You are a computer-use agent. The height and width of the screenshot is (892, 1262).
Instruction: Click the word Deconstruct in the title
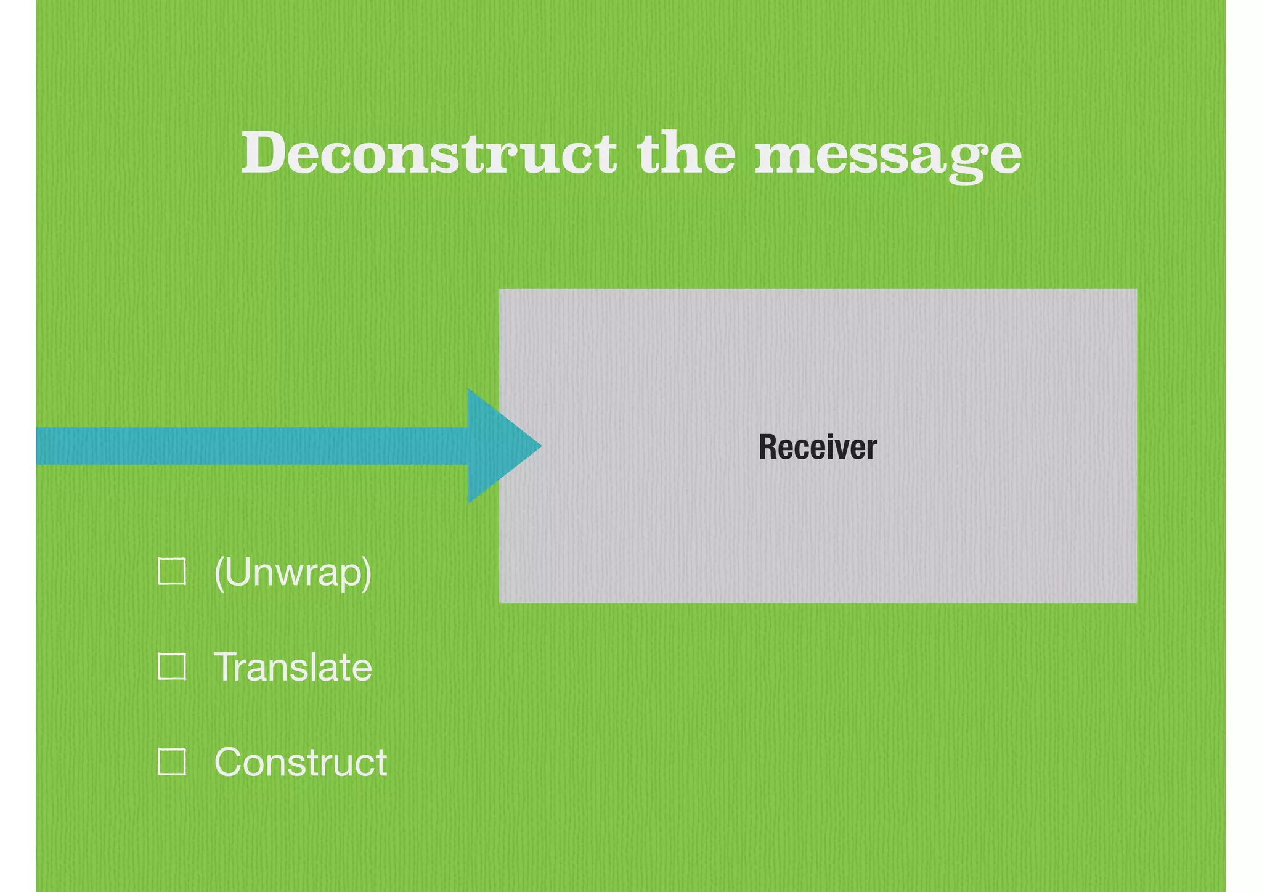[x=428, y=152]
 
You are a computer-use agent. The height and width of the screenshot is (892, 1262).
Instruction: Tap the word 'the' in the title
[x=686, y=152]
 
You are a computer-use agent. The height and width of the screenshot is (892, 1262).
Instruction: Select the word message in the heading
[x=888, y=154]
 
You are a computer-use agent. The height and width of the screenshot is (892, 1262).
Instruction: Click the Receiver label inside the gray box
[x=817, y=447]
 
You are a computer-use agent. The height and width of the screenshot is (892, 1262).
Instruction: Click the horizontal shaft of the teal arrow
[x=246, y=446]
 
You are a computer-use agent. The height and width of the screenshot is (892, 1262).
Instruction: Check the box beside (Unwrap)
[x=172, y=571]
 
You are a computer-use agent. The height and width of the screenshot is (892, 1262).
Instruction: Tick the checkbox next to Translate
[x=172, y=666]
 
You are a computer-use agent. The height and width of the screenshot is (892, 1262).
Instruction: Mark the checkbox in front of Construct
[x=172, y=761]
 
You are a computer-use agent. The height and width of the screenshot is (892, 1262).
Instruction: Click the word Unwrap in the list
[x=292, y=571]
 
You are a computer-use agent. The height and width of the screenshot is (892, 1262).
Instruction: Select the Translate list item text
[x=293, y=666]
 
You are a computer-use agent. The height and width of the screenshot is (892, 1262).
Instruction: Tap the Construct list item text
[x=300, y=762]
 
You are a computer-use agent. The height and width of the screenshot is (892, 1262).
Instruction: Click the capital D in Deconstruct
[x=264, y=152]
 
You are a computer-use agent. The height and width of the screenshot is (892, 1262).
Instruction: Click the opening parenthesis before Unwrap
[x=219, y=573]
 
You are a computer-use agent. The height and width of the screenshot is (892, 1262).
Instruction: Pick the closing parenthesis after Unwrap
[x=367, y=573]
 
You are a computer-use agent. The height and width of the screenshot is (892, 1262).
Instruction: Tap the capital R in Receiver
[x=767, y=447]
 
